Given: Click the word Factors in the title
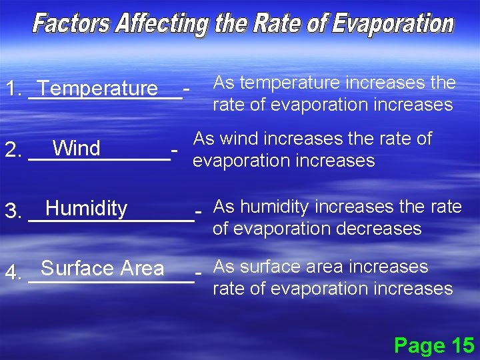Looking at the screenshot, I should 72,25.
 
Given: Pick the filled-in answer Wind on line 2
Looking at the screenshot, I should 77,148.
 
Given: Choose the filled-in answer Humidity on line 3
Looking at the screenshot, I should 86,209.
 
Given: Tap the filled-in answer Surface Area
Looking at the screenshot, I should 102,269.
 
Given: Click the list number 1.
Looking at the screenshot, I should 11,89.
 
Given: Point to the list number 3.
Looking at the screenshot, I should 11,211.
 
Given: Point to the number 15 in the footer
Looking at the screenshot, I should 463,345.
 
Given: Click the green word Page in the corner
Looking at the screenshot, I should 420,345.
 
